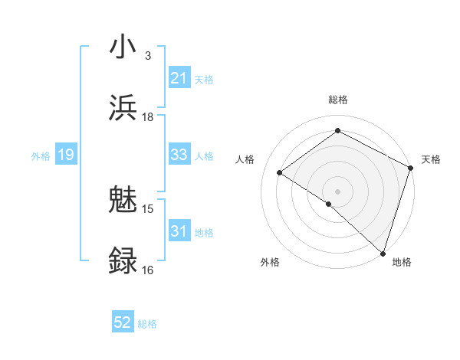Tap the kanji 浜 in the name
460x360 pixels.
(x=124, y=107)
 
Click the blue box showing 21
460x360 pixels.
(x=179, y=78)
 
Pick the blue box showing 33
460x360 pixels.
(x=179, y=155)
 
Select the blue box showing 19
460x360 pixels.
(x=66, y=155)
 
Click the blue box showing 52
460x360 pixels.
(x=123, y=323)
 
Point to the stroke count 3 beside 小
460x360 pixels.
(x=148, y=56)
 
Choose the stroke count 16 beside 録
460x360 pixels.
(x=148, y=270)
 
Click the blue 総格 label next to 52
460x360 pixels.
(x=147, y=324)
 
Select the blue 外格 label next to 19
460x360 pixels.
(x=41, y=155)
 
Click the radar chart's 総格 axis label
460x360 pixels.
(x=338, y=100)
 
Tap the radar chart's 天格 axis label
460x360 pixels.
(x=431, y=159)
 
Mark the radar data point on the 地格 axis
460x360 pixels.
(x=383, y=252)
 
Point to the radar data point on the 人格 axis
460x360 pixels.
(x=280, y=172)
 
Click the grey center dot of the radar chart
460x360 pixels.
(x=338, y=191)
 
